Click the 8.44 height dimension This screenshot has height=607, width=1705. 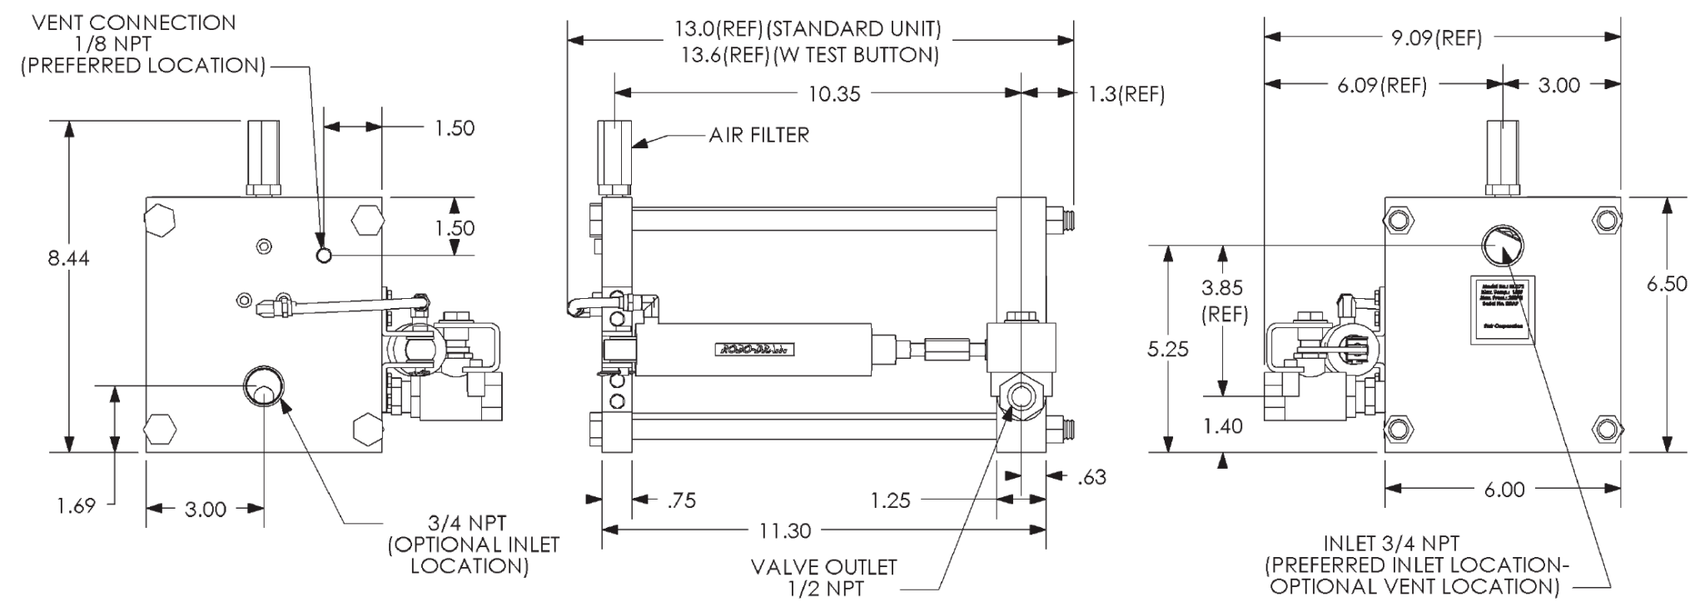pos(68,258)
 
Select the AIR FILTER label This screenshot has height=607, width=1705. pos(758,135)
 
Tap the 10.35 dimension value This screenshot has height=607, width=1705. pos(834,94)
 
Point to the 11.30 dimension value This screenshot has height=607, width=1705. pos(785,530)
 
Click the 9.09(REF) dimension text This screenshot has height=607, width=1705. pos(1437,37)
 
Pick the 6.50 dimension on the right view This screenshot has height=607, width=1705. pos(1667,283)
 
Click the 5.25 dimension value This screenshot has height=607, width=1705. pos(1167,349)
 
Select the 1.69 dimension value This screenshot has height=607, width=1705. pos(77,505)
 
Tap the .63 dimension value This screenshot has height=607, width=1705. pos(1091,477)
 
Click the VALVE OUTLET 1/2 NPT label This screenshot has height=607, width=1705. pos(823,578)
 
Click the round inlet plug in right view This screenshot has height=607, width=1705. pos(1500,245)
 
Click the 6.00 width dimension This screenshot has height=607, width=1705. pos(1504,490)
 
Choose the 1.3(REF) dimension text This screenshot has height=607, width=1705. pos(1126,94)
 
